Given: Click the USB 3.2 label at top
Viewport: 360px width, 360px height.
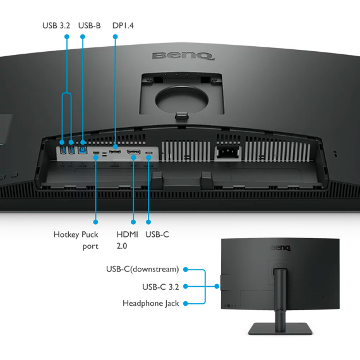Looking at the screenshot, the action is coord(56,25).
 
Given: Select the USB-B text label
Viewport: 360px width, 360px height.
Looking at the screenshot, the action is coord(90,25).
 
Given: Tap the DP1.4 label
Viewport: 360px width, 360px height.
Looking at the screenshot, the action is coord(123,25).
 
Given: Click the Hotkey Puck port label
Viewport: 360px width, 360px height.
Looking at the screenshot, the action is coord(76,240).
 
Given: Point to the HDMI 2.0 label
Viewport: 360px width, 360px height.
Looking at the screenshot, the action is coord(127,240).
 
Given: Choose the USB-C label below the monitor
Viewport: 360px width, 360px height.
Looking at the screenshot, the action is coord(157,234).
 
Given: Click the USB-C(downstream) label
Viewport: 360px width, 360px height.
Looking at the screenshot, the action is coord(142,269).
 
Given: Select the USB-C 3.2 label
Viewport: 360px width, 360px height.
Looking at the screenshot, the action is coord(160,287).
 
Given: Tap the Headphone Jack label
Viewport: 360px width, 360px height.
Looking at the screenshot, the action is coord(151,303).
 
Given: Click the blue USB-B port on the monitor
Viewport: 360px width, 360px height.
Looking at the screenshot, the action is coord(83,150).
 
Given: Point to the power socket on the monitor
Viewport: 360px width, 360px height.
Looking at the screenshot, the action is coord(227,152).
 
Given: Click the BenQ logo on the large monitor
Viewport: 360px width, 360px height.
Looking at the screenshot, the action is coord(183,56).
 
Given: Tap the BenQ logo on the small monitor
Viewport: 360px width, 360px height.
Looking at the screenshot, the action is coord(281,248).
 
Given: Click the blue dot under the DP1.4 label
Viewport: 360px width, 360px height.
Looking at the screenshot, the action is coord(116,37).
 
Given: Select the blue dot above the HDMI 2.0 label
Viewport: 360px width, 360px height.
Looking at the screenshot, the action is coord(133,222).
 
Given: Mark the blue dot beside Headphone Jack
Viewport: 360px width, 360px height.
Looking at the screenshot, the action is coord(186,304).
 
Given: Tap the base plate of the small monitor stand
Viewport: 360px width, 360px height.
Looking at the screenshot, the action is coord(280,328).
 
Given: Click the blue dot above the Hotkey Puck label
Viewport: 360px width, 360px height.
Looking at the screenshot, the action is coord(95,222).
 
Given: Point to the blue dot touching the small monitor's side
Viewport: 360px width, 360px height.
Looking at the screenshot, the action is coord(217,286).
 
